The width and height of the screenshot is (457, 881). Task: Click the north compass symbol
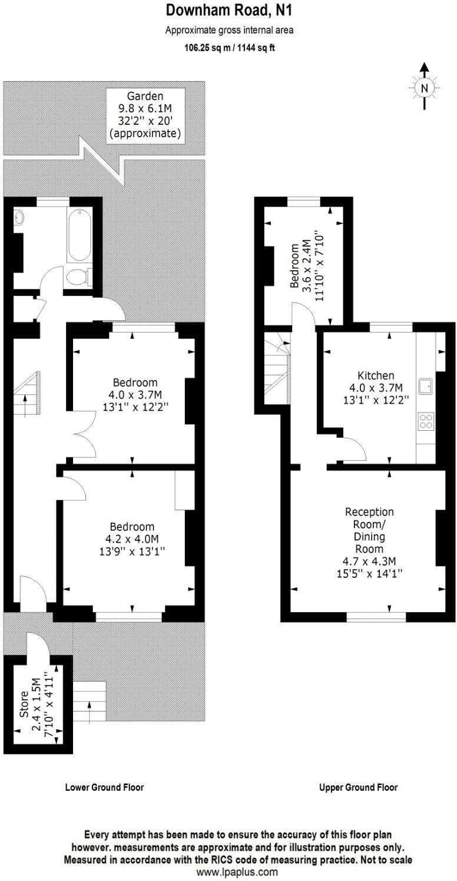[x=423, y=88]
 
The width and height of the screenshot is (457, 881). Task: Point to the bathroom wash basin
[x=19, y=217]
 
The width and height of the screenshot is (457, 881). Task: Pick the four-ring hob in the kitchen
[x=425, y=420]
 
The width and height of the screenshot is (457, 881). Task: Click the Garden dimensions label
[x=145, y=115]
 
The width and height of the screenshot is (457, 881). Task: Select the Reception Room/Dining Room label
[x=369, y=541]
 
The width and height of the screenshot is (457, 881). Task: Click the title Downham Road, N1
[x=228, y=10]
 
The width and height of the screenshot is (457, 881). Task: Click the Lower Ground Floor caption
[x=104, y=787]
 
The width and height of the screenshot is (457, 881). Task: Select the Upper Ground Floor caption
[x=358, y=787]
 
